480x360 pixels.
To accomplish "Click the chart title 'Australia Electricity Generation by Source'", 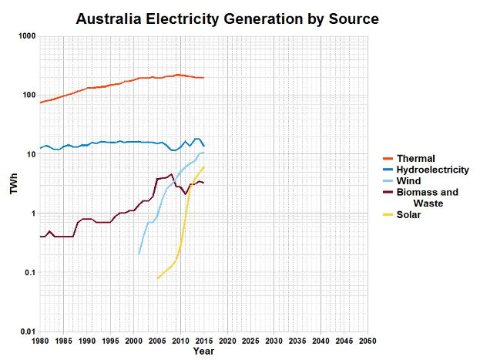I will pos(227,18).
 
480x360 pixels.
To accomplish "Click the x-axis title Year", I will pos(203,352).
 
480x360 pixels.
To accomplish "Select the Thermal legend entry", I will pos(416,159).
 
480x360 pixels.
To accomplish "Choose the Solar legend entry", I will pos(411,215).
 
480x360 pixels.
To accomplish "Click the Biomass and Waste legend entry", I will pos(427,198).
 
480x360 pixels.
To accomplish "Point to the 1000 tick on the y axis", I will pos(28,36).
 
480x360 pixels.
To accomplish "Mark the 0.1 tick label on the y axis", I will pos(30,273).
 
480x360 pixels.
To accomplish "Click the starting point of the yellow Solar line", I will pos(157,278).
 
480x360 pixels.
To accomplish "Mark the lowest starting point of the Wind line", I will pos(139,254).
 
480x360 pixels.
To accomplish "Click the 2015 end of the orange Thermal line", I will pos(204,78).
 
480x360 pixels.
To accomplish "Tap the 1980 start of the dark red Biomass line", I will pos(40,237).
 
